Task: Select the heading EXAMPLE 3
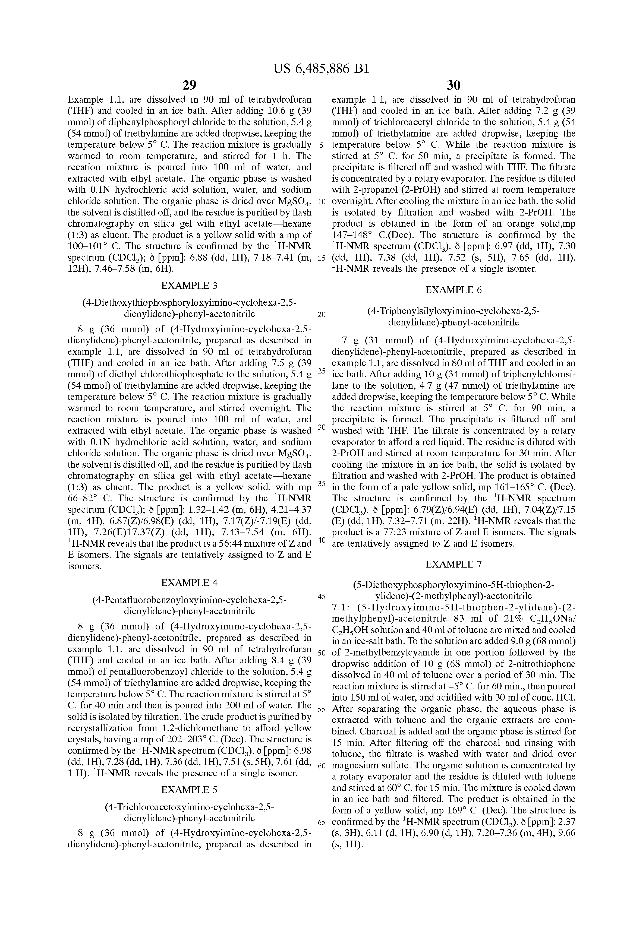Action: pos(189,285)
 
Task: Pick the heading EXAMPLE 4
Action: pos(189,583)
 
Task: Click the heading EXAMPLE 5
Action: pos(189,790)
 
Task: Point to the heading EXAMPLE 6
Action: pos(453,290)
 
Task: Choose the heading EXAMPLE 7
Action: pos(453,564)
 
